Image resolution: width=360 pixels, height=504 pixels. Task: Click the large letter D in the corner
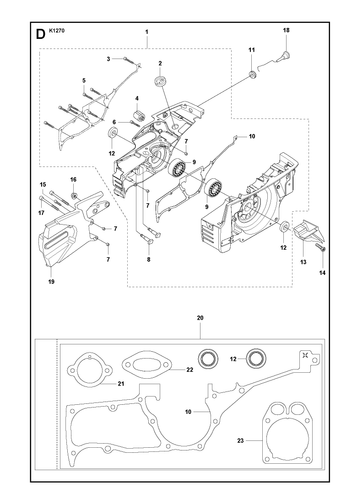40,34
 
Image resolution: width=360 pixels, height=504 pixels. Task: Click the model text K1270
57,30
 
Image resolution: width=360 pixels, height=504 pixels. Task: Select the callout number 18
286,30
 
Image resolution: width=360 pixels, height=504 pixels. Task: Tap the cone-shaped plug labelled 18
285,56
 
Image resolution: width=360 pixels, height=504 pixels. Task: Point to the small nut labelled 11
252,74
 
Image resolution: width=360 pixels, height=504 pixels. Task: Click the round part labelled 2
160,82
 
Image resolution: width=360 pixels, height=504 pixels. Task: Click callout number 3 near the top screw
108,59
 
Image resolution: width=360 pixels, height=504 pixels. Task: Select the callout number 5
84,81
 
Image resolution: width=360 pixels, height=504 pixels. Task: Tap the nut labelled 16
74,194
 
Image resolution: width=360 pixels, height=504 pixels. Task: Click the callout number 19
51,282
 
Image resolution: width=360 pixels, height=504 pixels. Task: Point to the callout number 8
148,259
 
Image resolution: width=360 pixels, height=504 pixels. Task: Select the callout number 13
303,262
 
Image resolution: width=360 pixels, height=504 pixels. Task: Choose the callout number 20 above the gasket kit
200,318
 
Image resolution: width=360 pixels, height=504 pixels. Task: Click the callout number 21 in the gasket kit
121,384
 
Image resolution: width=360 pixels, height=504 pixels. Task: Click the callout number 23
241,441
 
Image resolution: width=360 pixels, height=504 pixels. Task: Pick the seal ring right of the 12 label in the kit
256,359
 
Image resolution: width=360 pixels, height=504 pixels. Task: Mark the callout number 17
41,212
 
